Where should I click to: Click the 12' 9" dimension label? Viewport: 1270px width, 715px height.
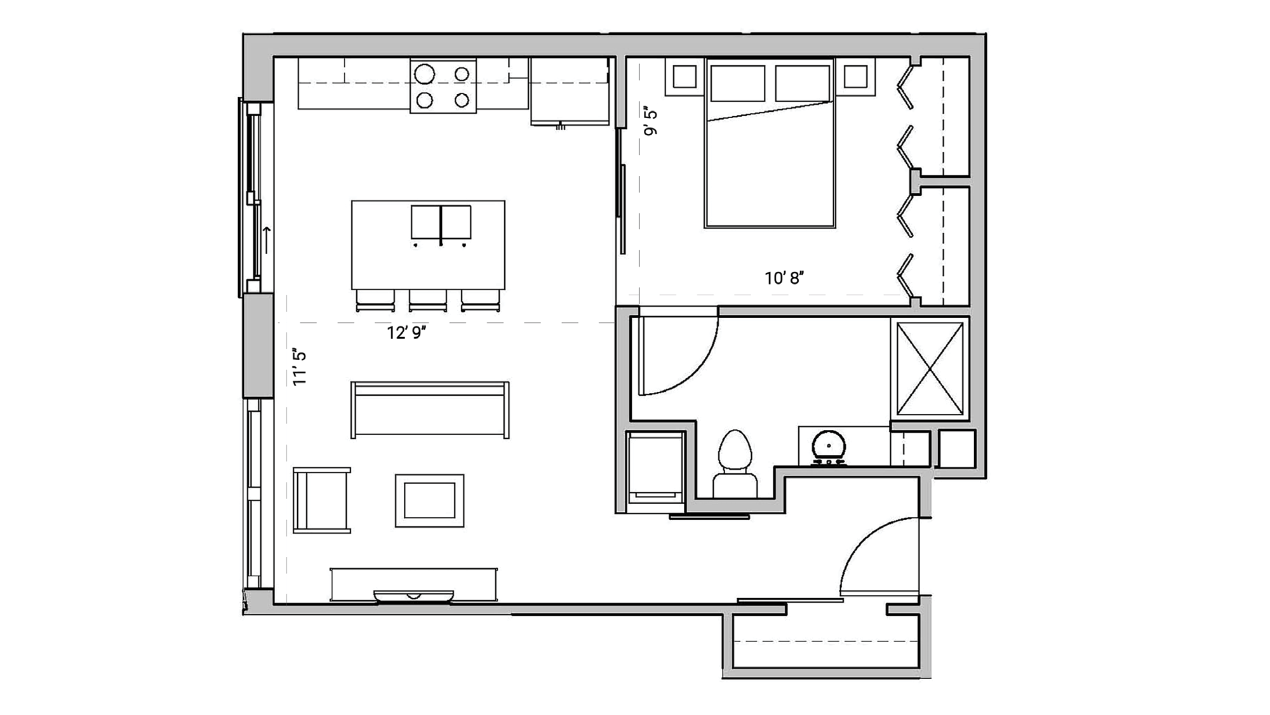pyautogui.click(x=406, y=333)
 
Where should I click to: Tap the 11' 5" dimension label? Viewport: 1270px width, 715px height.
pyautogui.click(x=300, y=366)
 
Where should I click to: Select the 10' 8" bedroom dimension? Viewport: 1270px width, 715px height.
pyautogui.click(x=784, y=278)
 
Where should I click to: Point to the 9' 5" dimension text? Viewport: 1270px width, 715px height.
pyautogui.click(x=650, y=121)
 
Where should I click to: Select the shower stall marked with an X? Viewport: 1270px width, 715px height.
pyautogui.click(x=930, y=369)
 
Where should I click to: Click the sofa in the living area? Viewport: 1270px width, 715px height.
pyautogui.click(x=430, y=410)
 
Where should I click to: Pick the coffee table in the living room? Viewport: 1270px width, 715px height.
pyautogui.click(x=430, y=500)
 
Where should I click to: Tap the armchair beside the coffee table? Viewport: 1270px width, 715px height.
pyautogui.click(x=322, y=500)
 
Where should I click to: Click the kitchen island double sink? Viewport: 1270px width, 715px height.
pyautogui.click(x=441, y=222)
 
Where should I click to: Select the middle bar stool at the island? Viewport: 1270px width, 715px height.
pyautogui.click(x=428, y=300)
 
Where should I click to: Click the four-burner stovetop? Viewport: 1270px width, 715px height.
pyautogui.click(x=443, y=86)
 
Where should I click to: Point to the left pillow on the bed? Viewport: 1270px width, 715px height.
pyautogui.click(x=737, y=83)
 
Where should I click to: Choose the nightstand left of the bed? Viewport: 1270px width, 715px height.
pyautogui.click(x=685, y=77)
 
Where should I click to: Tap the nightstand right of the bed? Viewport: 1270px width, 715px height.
pyautogui.click(x=855, y=77)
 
